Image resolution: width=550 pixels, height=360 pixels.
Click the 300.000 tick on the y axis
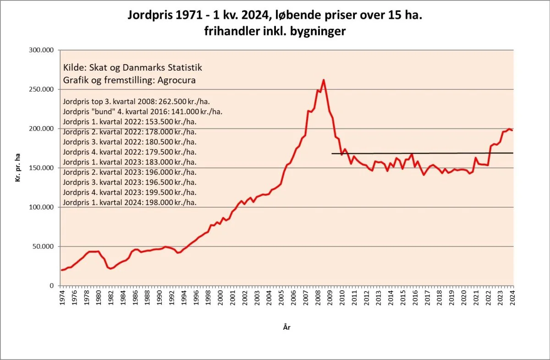pos(42,50)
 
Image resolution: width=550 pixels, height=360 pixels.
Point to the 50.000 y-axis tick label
pos(44,246)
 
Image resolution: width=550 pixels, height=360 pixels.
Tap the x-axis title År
pos(286,327)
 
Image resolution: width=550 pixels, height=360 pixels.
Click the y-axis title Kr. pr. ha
pos(19,168)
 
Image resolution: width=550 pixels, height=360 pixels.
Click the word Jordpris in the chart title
pos(152,16)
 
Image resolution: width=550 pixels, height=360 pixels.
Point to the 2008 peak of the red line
pos(324,80)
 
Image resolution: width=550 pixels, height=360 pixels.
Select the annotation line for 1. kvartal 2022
pos(130,122)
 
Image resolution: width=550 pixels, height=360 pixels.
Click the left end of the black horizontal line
pos(331,154)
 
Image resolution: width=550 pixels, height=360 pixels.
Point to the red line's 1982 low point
pos(110,269)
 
